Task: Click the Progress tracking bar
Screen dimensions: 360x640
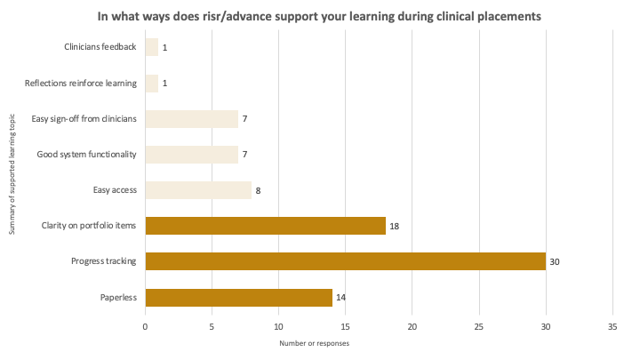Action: click(x=345, y=261)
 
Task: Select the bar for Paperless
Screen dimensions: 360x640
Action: click(x=238, y=298)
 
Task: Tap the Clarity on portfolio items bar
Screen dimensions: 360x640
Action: click(x=265, y=226)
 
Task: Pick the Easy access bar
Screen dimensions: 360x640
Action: click(x=198, y=190)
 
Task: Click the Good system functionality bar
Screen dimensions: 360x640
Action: click(x=191, y=155)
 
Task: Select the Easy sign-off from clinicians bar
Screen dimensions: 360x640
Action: click(x=191, y=119)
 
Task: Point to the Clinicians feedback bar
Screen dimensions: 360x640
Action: click(x=151, y=47)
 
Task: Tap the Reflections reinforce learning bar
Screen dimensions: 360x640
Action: click(x=151, y=84)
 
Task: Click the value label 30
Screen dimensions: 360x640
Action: click(x=555, y=262)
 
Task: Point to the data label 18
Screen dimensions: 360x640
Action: click(x=395, y=227)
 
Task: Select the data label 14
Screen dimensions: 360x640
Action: click(x=341, y=298)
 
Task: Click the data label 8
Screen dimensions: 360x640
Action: click(x=259, y=191)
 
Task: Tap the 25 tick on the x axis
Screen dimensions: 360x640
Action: click(x=479, y=326)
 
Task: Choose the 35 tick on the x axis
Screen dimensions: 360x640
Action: click(x=612, y=326)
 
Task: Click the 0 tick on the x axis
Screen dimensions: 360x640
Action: click(x=145, y=326)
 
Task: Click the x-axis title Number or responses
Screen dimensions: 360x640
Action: click(x=315, y=343)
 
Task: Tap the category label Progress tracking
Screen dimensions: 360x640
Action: click(x=103, y=261)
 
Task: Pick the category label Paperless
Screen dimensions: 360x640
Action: click(x=117, y=298)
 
